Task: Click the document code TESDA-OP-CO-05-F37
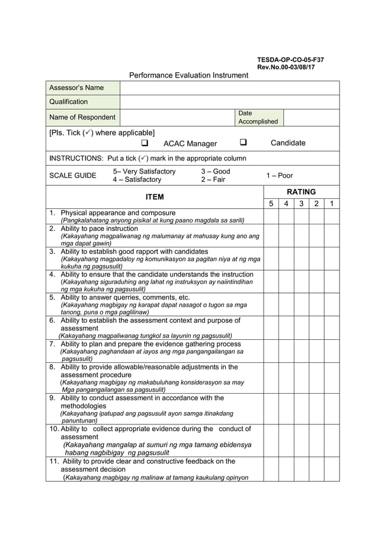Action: (290, 60)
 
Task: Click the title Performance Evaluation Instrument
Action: (188, 75)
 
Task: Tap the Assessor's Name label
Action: (76, 88)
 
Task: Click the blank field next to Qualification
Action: (229, 102)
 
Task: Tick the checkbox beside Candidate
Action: (243, 143)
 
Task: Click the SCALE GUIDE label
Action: (72, 176)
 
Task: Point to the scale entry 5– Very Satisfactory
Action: (144, 172)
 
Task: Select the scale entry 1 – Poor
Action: (280, 176)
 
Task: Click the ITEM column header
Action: (155, 197)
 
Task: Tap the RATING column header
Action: (301, 192)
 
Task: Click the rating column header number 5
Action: (271, 204)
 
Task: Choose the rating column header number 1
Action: (332, 204)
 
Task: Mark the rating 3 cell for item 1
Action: (302, 216)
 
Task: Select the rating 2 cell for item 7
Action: (317, 350)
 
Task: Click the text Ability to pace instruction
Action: (99, 228)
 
